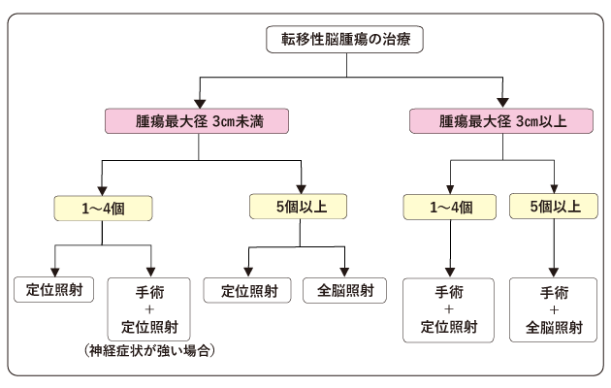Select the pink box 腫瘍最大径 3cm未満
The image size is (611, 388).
[x=198, y=122]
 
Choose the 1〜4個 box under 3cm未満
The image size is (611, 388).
[x=101, y=206]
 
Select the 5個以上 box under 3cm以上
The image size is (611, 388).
[x=555, y=206]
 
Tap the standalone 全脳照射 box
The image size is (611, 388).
[x=344, y=289]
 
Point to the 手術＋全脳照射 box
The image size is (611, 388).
[x=555, y=309]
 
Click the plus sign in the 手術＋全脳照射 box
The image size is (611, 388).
[x=555, y=309]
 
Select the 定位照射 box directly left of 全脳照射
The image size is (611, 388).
[x=248, y=289]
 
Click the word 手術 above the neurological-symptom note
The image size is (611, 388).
[x=150, y=291]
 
